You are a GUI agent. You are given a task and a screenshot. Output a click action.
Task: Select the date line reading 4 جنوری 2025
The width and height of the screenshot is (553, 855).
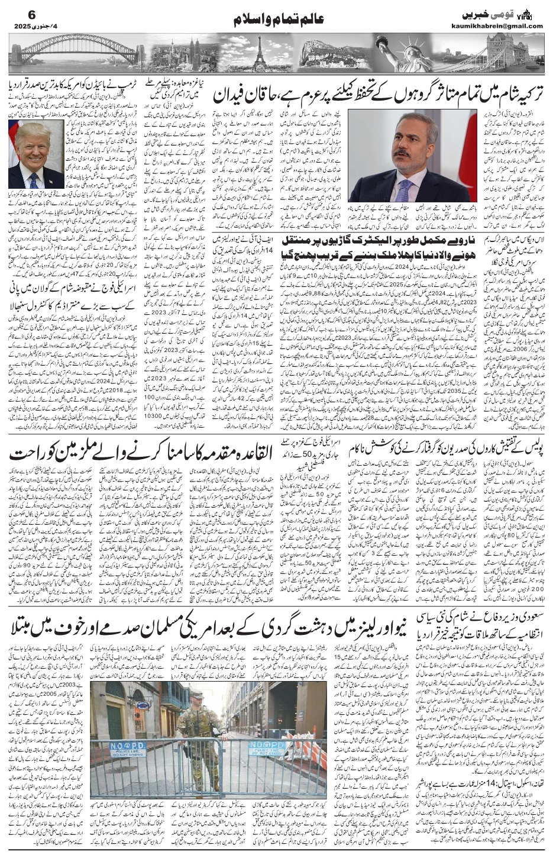[x=35, y=26]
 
